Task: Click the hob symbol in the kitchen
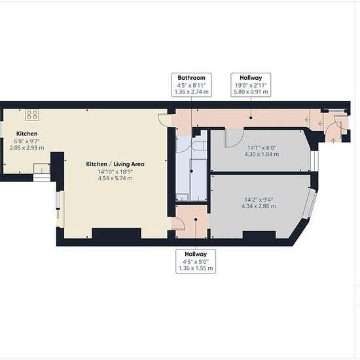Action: [x=32, y=115]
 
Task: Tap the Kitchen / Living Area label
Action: [x=115, y=164]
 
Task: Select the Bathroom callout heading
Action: [x=192, y=78]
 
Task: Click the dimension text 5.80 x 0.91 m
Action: [x=251, y=92]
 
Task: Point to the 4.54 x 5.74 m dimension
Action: [x=115, y=178]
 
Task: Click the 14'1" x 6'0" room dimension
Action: [x=262, y=148]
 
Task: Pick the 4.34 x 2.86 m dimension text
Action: [x=259, y=206]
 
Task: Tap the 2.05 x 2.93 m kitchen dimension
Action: [x=27, y=148]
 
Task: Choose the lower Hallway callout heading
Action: [x=196, y=254]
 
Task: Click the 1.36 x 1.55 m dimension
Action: [x=196, y=268]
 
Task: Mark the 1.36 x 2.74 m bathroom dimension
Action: [x=192, y=92]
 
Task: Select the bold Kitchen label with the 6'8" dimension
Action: [x=27, y=134]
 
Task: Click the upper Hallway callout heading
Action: [x=251, y=78]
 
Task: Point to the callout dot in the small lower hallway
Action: [x=196, y=219]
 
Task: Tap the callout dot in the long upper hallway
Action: [x=251, y=118]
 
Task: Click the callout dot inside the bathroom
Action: [x=192, y=171]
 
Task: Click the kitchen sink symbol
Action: [x=41, y=168]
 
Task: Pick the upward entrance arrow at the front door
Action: [x=333, y=140]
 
